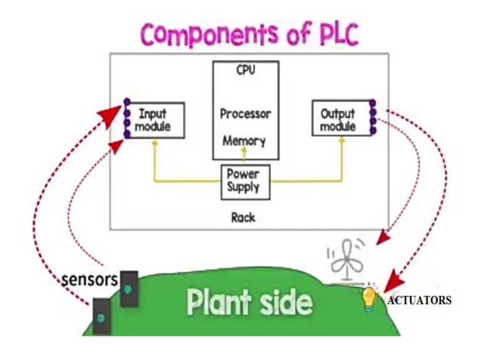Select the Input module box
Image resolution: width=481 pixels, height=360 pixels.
coord(155,120)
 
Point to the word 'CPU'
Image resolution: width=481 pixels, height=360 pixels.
coord(245,72)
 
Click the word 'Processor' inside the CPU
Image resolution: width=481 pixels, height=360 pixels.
coord(245,114)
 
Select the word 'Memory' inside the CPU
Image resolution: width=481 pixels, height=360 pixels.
coord(244,141)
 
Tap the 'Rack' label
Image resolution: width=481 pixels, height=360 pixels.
coord(243,217)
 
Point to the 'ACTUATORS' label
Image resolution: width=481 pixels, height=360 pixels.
coord(419,300)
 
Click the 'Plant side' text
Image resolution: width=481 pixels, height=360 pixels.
coord(249,302)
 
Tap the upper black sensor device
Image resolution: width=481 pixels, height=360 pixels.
coord(129,288)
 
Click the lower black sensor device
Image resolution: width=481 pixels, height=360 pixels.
coord(101,316)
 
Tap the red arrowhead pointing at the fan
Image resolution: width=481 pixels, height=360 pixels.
coord(382,239)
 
